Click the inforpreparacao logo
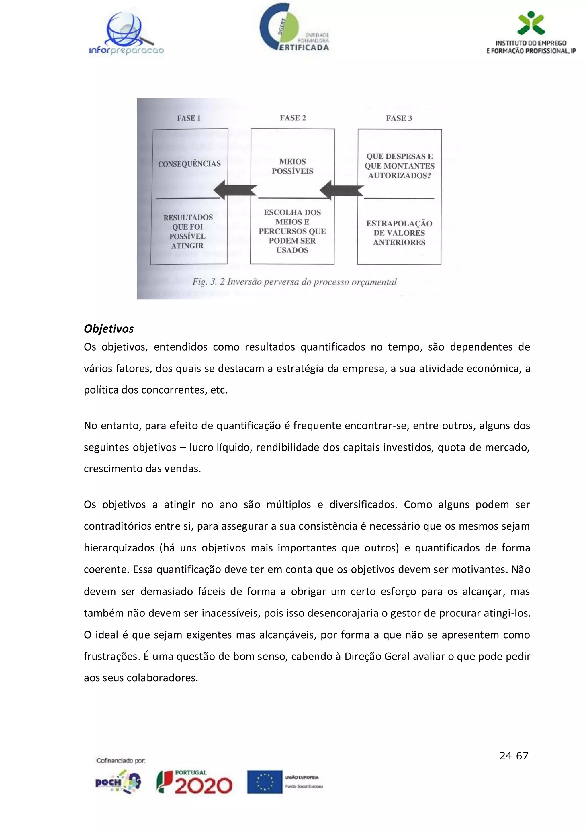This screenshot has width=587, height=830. (x=126, y=34)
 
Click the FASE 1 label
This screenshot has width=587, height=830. (x=189, y=118)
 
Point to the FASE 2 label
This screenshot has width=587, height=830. (x=293, y=118)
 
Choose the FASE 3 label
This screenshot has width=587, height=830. (x=399, y=118)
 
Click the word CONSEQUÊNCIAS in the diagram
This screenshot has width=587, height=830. (x=189, y=164)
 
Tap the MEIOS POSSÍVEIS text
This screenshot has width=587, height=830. (x=292, y=166)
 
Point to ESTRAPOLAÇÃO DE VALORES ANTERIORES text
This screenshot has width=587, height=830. (x=399, y=233)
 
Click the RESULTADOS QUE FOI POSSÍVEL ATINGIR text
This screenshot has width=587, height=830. (x=188, y=231)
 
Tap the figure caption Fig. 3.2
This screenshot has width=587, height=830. (x=294, y=282)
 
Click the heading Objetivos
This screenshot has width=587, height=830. (x=109, y=329)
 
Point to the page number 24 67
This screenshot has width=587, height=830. (x=514, y=756)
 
